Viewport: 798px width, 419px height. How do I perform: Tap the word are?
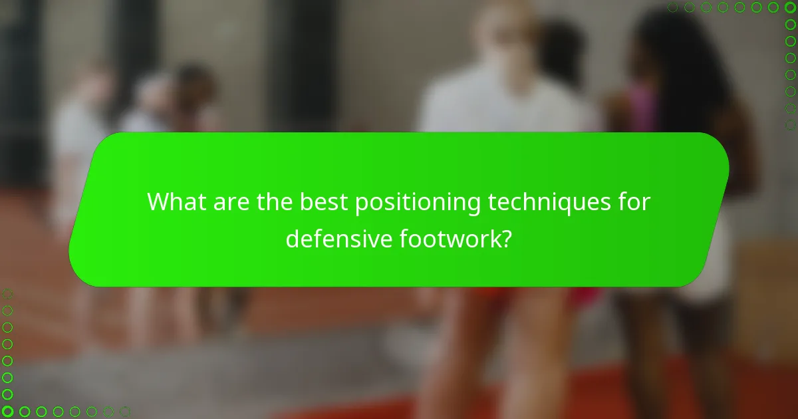point(231,202)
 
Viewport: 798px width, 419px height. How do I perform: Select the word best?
point(324,202)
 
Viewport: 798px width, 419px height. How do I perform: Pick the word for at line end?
point(632,202)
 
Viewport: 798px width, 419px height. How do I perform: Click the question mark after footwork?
point(506,239)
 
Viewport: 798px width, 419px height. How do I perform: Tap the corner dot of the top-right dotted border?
point(790,7)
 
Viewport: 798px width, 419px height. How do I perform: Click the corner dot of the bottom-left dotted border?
point(7,412)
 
